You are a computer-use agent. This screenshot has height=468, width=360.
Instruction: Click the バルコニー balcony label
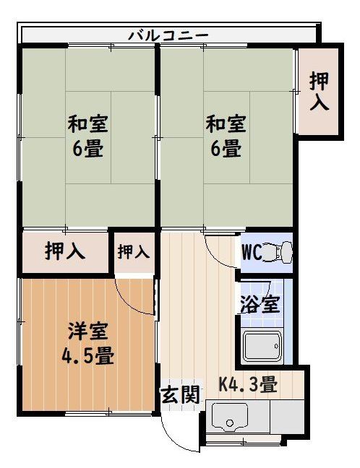[168, 34]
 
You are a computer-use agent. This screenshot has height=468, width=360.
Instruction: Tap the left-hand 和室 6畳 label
[87, 136]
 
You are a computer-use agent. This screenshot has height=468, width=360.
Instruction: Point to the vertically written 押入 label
[319, 91]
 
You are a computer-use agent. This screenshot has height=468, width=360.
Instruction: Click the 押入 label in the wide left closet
[65, 251]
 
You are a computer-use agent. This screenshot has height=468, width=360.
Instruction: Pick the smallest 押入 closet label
[134, 251]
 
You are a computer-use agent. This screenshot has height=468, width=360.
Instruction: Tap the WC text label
[251, 253]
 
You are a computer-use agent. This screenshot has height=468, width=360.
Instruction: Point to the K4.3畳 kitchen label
[248, 385]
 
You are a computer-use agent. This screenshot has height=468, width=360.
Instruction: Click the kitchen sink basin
[230, 417]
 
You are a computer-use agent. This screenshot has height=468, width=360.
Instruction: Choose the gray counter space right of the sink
[287, 417]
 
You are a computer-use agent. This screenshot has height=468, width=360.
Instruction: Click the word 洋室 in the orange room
[88, 331]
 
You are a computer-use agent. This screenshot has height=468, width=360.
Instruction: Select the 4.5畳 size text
[88, 356]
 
